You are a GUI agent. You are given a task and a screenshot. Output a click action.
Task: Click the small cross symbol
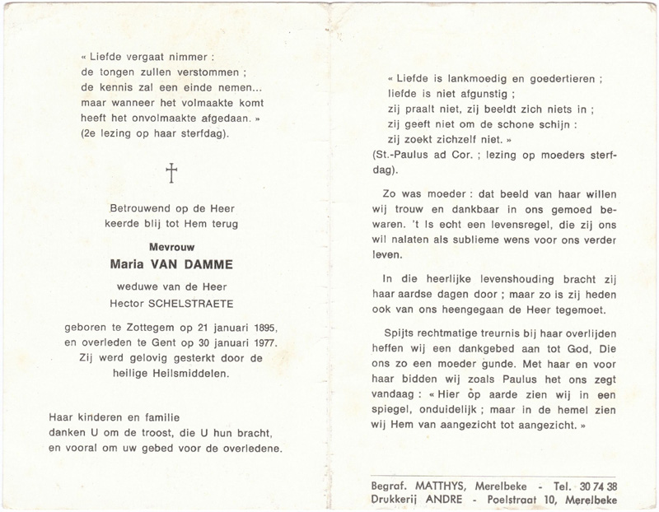click(172, 174)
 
